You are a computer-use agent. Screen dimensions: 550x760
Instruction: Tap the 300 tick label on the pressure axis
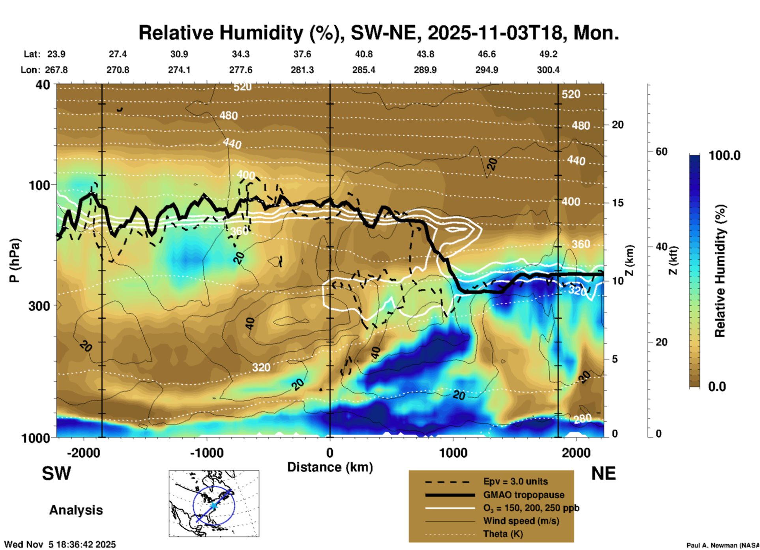[39, 306]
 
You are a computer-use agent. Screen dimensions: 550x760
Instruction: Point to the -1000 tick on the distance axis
[207, 453]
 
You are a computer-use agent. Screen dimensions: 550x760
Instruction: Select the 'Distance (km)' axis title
[330, 467]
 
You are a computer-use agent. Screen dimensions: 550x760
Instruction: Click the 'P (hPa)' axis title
[15, 260]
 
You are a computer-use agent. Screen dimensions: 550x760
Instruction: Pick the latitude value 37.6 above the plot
[302, 54]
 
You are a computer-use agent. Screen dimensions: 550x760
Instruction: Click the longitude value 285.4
[363, 70]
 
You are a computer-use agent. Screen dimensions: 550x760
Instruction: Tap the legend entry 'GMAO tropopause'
[524, 495]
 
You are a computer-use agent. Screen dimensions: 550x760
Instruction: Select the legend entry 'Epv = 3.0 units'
[515, 481]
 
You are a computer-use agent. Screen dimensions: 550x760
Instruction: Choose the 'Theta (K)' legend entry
[503, 534]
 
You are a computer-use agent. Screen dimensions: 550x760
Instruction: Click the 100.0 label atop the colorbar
[724, 155]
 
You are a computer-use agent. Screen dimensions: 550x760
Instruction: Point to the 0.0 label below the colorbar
[717, 386]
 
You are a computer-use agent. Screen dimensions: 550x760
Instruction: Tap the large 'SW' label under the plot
[56, 473]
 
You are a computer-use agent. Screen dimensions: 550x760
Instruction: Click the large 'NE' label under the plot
[603, 473]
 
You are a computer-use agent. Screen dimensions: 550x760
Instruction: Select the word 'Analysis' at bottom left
[76, 510]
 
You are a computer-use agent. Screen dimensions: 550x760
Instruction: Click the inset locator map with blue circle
[214, 503]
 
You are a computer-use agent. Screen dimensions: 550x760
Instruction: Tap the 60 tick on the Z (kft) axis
[661, 152]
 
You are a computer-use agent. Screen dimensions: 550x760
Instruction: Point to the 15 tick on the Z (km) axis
[618, 203]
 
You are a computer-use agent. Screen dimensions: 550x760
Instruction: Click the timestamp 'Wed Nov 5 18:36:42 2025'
[60, 544]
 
